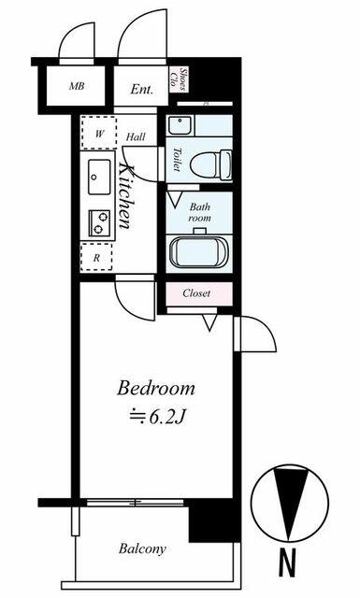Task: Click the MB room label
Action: tap(77, 86)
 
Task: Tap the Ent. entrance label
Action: tap(141, 90)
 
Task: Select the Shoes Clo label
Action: tap(179, 79)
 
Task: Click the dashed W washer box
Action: tap(98, 133)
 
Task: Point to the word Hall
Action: tap(136, 137)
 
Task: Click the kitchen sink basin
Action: tap(99, 177)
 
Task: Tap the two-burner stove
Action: tap(99, 222)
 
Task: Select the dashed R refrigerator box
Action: tap(96, 257)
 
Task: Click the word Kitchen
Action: tap(126, 196)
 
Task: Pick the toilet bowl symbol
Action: tap(210, 165)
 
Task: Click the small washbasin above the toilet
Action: tap(179, 125)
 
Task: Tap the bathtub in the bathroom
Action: tap(198, 251)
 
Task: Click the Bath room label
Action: tap(200, 212)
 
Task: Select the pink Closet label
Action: tap(196, 293)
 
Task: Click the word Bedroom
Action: tap(156, 388)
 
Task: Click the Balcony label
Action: tap(142, 548)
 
